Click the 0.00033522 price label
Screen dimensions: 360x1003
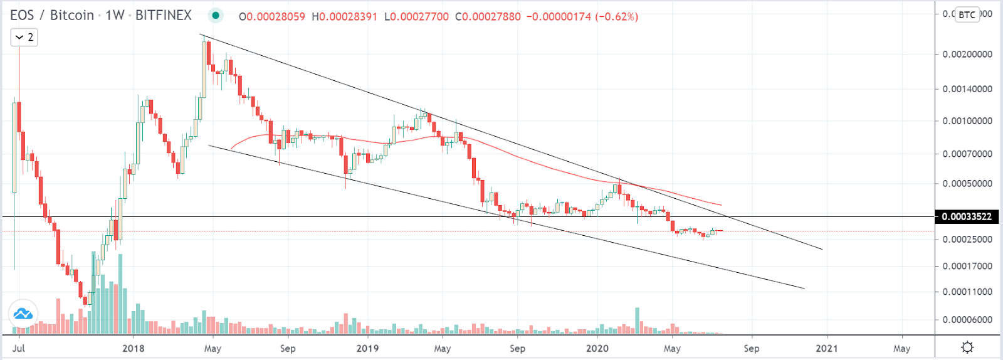(x=967, y=216)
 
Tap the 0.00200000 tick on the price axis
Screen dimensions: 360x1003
(x=967, y=54)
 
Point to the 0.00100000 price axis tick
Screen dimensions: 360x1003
(x=967, y=120)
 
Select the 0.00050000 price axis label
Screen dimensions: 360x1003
(x=967, y=183)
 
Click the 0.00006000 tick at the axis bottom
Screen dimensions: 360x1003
(x=967, y=319)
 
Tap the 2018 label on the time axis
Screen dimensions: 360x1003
(x=133, y=348)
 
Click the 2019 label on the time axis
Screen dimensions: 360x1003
(x=367, y=348)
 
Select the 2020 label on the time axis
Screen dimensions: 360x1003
(x=597, y=348)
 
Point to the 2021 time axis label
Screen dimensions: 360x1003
(x=827, y=348)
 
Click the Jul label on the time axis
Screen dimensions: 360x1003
(x=19, y=348)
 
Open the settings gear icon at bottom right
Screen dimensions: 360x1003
(x=967, y=347)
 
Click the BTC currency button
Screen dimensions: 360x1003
(x=967, y=15)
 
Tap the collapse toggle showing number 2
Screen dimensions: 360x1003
(x=24, y=38)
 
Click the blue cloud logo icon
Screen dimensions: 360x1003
(x=23, y=313)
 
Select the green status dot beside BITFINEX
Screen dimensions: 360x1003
(x=216, y=16)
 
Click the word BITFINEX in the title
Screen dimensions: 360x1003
(x=163, y=15)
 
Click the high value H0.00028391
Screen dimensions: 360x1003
(x=344, y=16)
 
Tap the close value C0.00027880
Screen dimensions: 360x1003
(x=488, y=16)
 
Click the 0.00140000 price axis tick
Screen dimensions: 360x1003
(x=967, y=89)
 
